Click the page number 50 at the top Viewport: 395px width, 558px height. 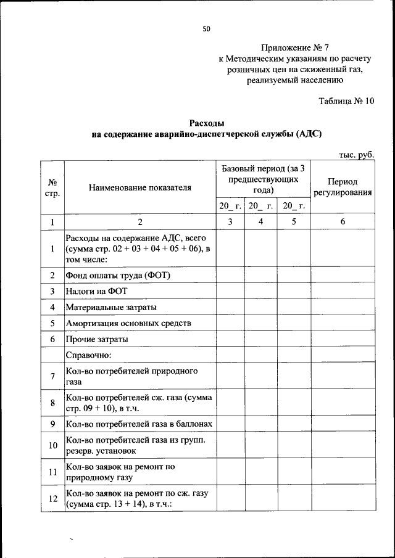[x=207, y=28]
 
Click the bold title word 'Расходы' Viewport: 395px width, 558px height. [x=206, y=123]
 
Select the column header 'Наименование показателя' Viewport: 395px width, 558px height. [x=139, y=187]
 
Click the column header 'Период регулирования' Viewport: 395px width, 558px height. [x=343, y=187]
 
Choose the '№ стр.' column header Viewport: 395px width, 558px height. [x=52, y=187]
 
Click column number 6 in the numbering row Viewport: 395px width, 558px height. [x=343, y=221]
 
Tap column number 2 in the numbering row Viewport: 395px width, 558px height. [x=139, y=221]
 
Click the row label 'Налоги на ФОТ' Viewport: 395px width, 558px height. [x=94, y=291]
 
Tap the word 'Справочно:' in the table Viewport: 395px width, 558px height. [x=88, y=355]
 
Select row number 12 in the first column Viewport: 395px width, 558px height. [x=52, y=498]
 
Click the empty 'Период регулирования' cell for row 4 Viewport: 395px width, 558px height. [x=343, y=307]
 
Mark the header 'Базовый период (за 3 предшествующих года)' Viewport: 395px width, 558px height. [x=264, y=179]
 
